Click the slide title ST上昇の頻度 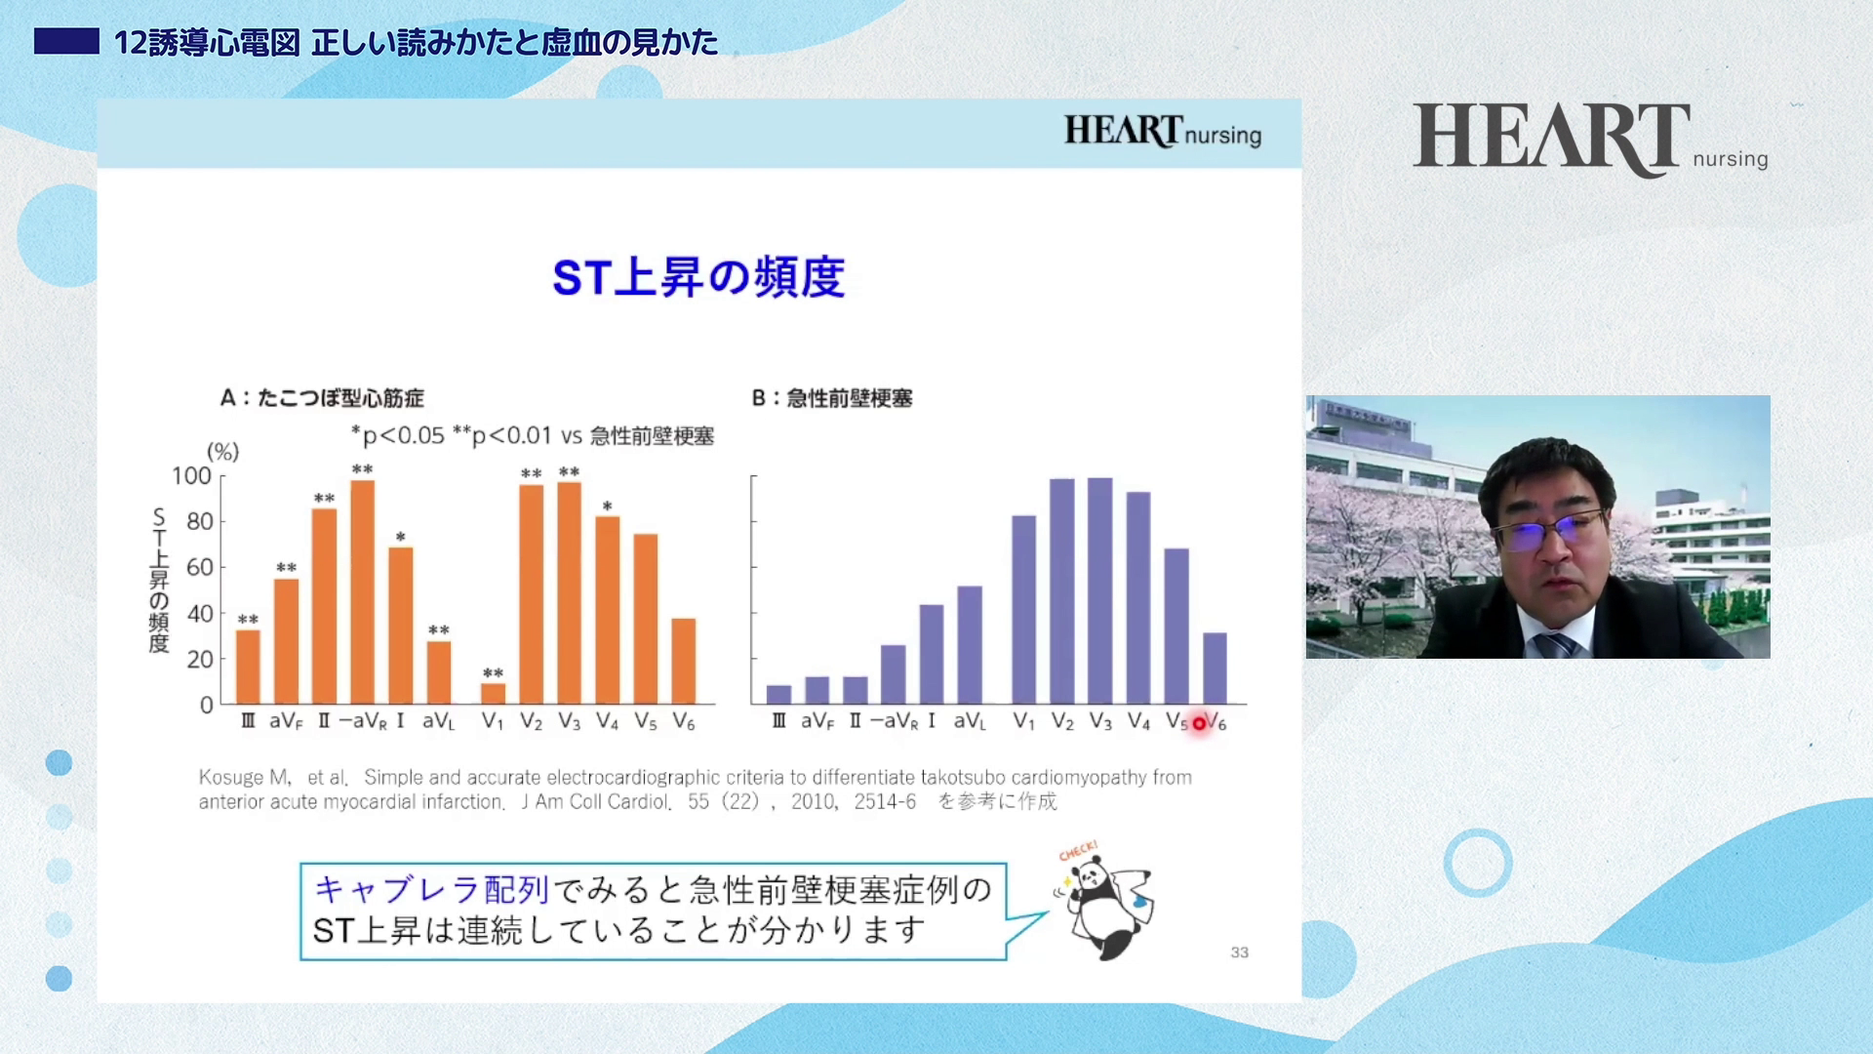tap(698, 277)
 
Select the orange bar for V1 tap(493, 694)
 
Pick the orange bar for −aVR tap(362, 592)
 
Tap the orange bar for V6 tap(683, 662)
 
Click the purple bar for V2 tap(1061, 591)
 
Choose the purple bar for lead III tap(778, 695)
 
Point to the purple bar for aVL tap(970, 645)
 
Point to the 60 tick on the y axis tap(199, 567)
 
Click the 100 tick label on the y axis tap(191, 476)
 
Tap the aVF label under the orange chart tap(286, 721)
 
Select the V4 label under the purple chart tap(1138, 721)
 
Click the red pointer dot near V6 tap(1199, 723)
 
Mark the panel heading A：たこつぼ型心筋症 tap(322, 398)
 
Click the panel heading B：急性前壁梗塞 tap(832, 398)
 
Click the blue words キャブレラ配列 tap(432, 890)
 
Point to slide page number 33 tap(1239, 953)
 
